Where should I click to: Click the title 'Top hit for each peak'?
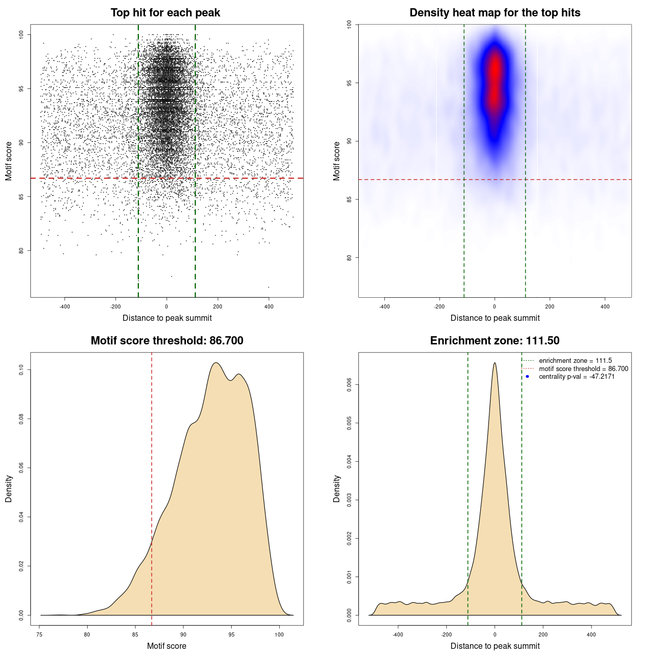(x=166, y=13)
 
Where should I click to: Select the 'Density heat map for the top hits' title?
(x=495, y=13)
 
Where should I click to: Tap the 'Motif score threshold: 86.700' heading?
(x=167, y=341)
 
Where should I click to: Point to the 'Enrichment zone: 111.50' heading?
(x=495, y=341)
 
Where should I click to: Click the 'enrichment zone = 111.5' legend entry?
(x=575, y=361)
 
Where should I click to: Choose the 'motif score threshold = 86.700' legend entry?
(x=583, y=369)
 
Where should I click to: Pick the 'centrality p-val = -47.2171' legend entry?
(x=577, y=377)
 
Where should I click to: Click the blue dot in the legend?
(x=527, y=377)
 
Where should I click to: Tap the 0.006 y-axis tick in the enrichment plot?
(x=350, y=385)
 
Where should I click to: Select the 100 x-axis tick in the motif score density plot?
(x=279, y=635)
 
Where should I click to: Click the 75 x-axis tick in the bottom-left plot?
(x=40, y=635)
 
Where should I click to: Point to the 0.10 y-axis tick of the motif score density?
(x=22, y=370)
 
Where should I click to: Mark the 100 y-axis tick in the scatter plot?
(x=22, y=34)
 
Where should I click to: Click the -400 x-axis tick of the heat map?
(x=384, y=307)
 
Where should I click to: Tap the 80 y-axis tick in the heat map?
(x=350, y=258)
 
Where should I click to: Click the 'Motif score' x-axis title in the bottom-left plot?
(x=167, y=646)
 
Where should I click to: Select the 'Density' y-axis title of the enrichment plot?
(x=337, y=488)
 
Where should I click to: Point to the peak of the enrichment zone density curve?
(x=495, y=363)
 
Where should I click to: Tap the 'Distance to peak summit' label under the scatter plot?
(x=167, y=318)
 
